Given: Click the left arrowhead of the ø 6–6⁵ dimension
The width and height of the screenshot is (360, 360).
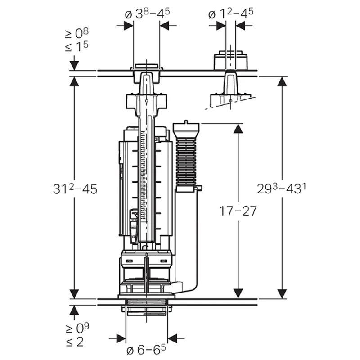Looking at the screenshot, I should pyautogui.click(x=121, y=338).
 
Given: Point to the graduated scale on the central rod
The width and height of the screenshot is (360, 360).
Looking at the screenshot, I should pyautogui.click(x=144, y=175).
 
